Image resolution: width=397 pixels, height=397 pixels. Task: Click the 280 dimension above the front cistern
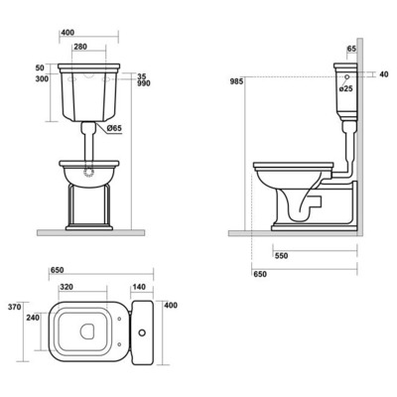click(80, 47)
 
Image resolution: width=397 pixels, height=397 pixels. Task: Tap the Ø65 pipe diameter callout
click(115, 128)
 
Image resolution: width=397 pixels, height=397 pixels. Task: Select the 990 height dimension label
click(144, 83)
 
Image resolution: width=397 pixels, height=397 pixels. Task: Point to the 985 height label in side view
click(237, 81)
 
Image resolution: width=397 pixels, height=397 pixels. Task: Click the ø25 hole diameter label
click(346, 88)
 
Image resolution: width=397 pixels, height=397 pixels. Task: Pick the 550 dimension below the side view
click(281, 256)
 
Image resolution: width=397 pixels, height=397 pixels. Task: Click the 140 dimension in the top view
click(139, 287)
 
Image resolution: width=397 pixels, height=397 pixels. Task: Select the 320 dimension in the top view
click(66, 287)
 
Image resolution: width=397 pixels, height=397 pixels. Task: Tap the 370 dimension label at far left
click(15, 307)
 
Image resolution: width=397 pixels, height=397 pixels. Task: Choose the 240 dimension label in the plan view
click(33, 318)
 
